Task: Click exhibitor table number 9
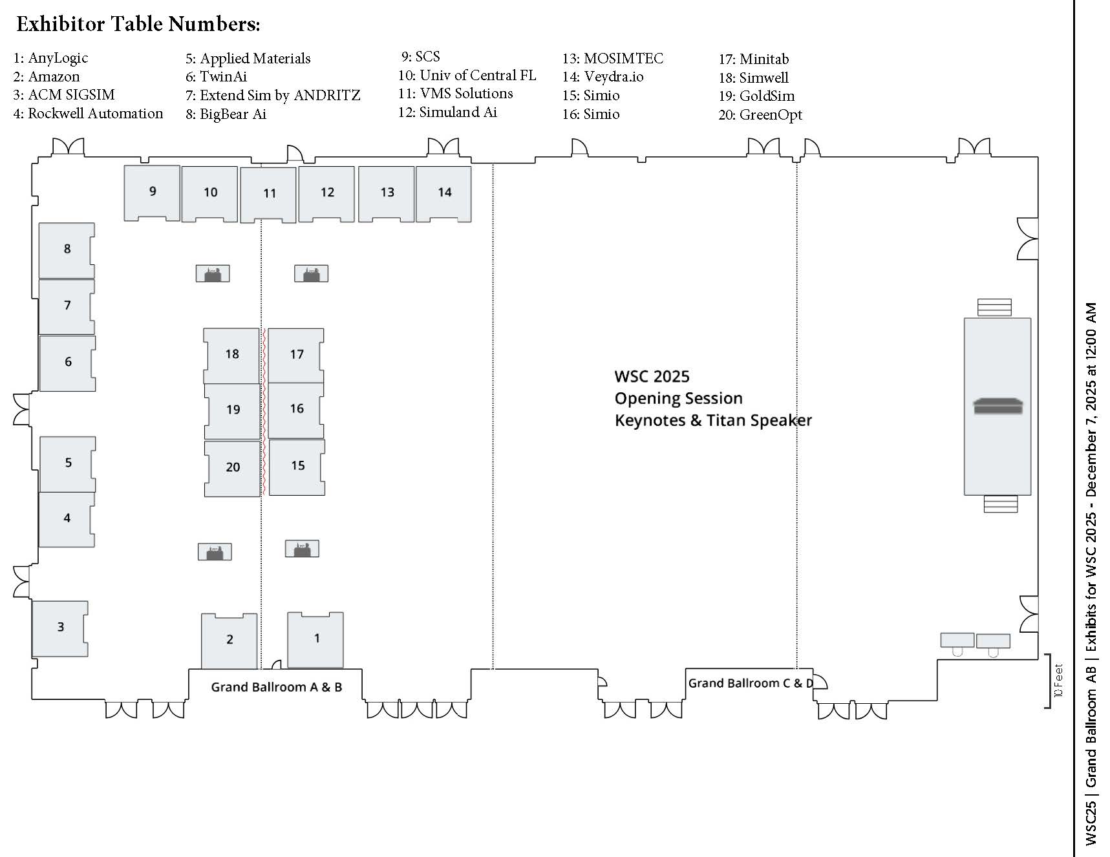(x=152, y=192)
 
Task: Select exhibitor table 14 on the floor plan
(x=443, y=193)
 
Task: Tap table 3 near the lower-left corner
(x=60, y=628)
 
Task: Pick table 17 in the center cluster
(x=296, y=354)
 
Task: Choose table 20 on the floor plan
(x=233, y=467)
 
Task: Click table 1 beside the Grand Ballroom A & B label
(x=315, y=639)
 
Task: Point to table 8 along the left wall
(x=67, y=249)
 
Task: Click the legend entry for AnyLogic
(x=51, y=58)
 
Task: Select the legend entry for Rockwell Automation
(x=88, y=114)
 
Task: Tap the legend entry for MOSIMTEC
(x=613, y=59)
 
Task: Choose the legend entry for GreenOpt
(x=760, y=115)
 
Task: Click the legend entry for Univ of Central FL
(x=467, y=76)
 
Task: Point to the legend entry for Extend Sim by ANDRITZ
(x=273, y=96)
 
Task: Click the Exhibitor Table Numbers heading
(x=138, y=24)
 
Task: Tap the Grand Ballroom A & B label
(x=276, y=687)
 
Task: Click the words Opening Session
(x=678, y=398)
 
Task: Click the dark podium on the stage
(x=998, y=407)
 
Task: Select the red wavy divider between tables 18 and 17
(x=264, y=411)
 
